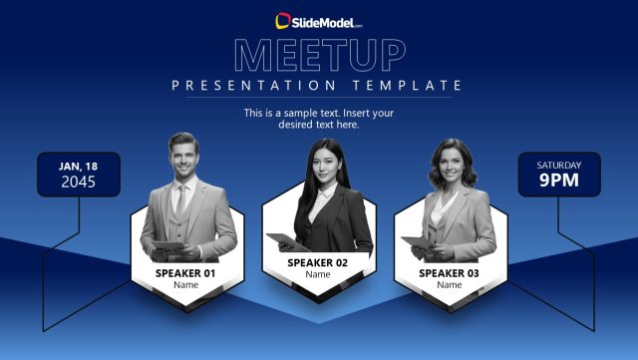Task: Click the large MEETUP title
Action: (318, 56)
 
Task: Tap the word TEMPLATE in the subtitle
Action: (408, 86)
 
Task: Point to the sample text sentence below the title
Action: (318, 119)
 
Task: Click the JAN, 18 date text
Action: (79, 166)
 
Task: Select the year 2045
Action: (79, 181)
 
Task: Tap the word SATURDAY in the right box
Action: (558, 165)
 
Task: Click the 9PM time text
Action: (558, 180)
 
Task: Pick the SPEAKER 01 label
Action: (185, 272)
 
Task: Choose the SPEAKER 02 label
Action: (317, 262)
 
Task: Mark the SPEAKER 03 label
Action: (449, 272)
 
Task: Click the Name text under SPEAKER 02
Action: (317, 275)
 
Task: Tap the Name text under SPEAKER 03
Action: (449, 285)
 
